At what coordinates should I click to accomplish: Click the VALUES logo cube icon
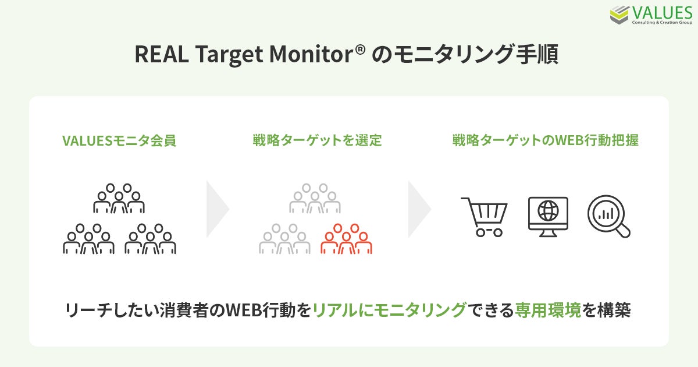click(619, 15)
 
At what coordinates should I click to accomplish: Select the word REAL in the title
click(162, 54)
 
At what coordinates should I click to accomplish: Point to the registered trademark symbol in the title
click(360, 50)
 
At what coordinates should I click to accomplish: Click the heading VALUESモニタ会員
click(119, 141)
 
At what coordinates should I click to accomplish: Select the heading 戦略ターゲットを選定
click(317, 140)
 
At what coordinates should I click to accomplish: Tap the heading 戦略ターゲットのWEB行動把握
click(546, 140)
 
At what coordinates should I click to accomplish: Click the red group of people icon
click(346, 239)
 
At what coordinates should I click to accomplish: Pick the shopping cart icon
click(484, 217)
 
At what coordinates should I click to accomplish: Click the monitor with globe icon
click(548, 217)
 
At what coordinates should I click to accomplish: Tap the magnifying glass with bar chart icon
click(608, 216)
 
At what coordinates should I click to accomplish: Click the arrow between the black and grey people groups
click(218, 209)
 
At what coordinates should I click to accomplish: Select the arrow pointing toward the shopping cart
click(419, 209)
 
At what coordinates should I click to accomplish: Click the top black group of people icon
click(119, 199)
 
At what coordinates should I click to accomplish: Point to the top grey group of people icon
click(315, 199)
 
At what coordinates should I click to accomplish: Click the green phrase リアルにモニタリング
click(390, 310)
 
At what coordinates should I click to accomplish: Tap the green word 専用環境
click(548, 310)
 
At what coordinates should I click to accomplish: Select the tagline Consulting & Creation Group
click(662, 23)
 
